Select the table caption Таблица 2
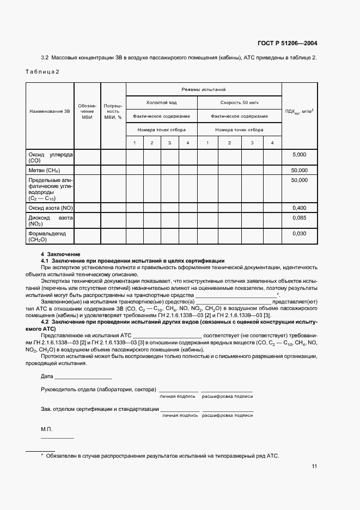coord(42,72)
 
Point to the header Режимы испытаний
coord(204,89)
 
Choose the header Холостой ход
coord(161,102)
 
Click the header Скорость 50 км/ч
coord(239,102)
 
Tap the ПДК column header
coord(299,112)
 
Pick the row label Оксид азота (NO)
coord(50,208)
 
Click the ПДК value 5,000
coord(299,155)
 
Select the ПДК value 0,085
coord(299,218)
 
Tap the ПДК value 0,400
coord(299,208)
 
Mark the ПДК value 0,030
coord(299,233)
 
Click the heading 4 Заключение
coord(60,254)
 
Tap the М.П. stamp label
coord(46,430)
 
